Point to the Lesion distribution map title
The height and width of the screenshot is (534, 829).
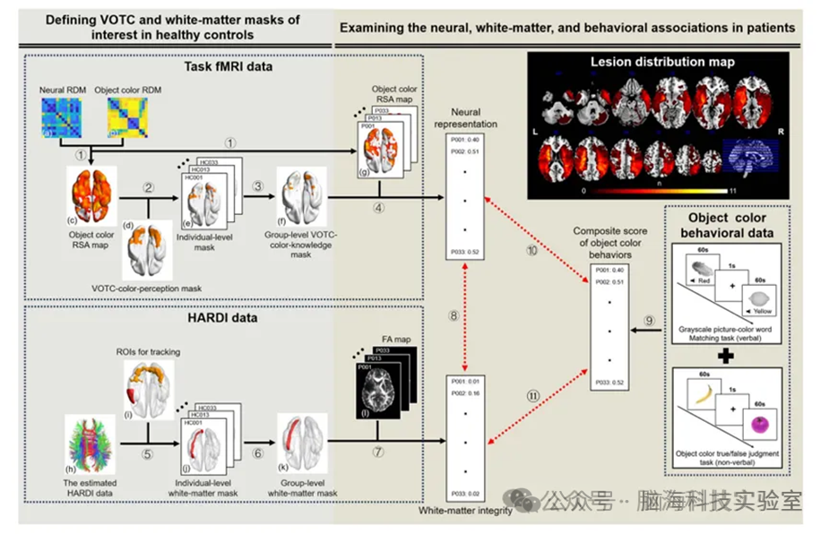point(662,62)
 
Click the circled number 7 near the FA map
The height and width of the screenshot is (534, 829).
point(378,452)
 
